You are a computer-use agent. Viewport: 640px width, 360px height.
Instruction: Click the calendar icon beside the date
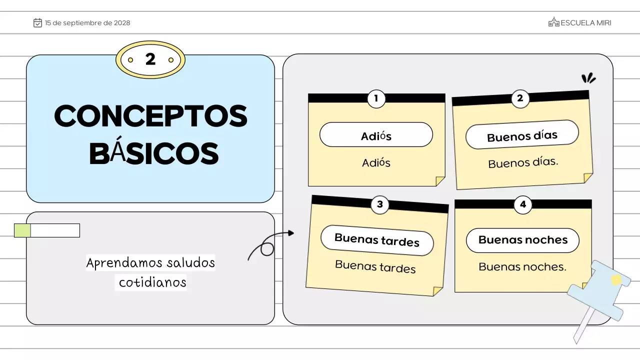[37, 23]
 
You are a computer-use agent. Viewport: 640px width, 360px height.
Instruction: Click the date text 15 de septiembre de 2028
[87, 23]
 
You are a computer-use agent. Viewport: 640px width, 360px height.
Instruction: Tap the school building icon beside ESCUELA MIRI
[553, 22]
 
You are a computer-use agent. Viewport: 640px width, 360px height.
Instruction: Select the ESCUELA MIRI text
[586, 23]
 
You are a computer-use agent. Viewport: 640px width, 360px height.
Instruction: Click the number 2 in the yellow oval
[150, 59]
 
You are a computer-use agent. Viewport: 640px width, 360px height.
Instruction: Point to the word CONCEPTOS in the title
[150, 116]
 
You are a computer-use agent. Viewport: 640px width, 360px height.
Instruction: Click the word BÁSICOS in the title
[153, 154]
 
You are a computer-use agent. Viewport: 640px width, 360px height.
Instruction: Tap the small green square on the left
[22, 230]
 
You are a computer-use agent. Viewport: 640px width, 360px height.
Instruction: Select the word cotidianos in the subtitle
[152, 282]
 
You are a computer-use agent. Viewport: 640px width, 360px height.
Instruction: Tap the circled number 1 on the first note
[376, 98]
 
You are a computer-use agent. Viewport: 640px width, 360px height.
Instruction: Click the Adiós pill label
[376, 135]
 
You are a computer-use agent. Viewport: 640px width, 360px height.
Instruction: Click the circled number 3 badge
[380, 204]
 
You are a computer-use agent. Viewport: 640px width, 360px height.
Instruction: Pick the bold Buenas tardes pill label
[377, 240]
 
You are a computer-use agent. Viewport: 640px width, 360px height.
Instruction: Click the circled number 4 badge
[523, 204]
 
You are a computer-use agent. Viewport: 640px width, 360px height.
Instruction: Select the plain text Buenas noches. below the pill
[522, 266]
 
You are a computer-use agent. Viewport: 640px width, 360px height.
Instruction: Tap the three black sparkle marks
[588, 78]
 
